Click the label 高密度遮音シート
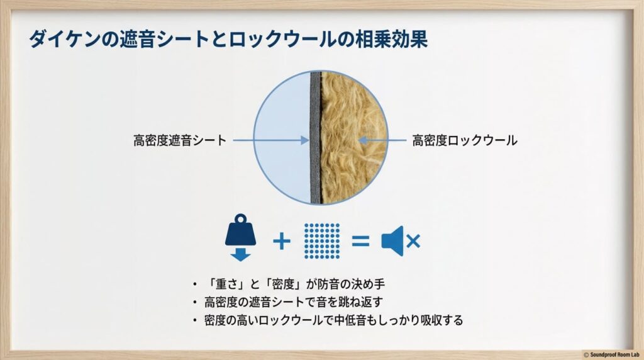(179, 140)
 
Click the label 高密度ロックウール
(465, 140)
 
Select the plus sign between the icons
(281, 240)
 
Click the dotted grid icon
(321, 240)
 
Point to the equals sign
(360, 240)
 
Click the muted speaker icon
(393, 240)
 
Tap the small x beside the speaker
(413, 240)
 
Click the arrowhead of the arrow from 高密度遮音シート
(307, 140)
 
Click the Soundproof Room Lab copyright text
(610, 354)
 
